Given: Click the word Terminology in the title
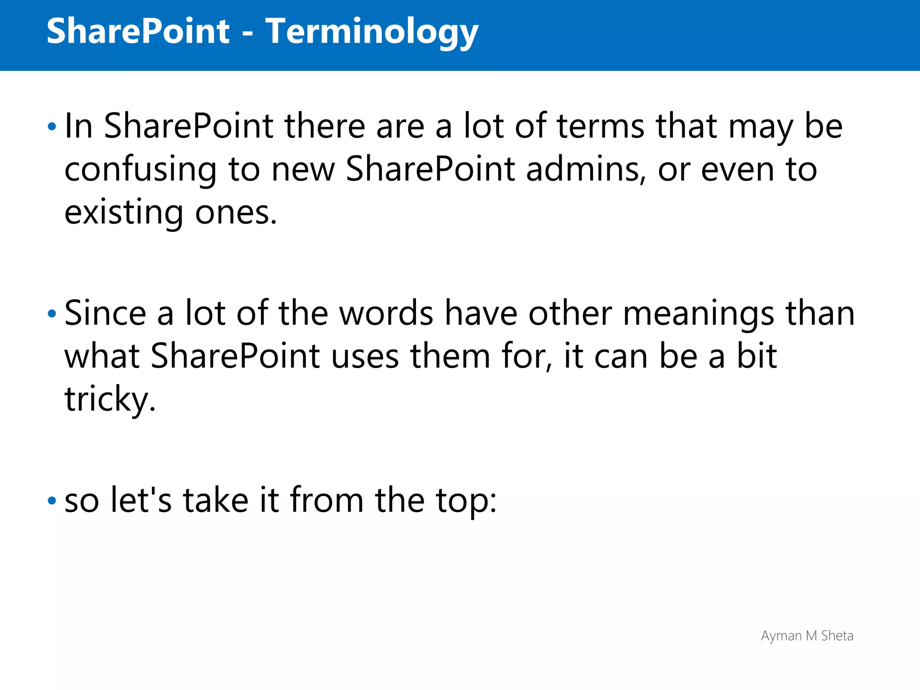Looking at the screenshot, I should (372, 31).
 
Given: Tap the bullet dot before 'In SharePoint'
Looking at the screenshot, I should (52, 127).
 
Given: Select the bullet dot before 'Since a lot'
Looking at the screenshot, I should (52, 314).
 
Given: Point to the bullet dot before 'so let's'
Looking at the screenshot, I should (52, 500).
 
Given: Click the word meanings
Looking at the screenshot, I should (699, 314).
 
